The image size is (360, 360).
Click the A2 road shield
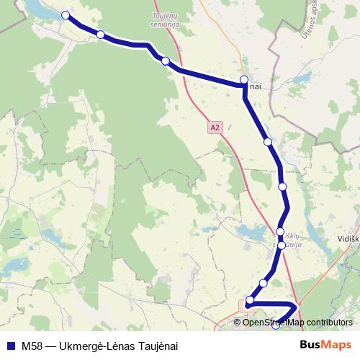(x=214, y=127)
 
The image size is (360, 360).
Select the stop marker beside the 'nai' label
(x=244, y=80)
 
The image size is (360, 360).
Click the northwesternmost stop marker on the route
(x=66, y=15)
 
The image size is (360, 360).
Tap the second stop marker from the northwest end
(x=101, y=35)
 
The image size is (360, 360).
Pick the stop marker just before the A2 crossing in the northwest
(x=166, y=61)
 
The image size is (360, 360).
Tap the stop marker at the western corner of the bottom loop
(x=251, y=300)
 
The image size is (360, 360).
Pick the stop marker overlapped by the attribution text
(x=276, y=325)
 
